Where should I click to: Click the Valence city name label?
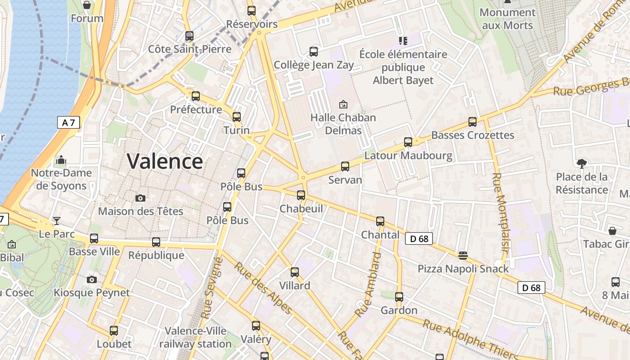165,161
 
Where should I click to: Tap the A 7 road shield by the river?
68,122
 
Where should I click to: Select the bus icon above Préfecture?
196,96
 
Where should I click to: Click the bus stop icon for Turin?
237,117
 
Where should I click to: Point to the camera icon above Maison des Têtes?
140,198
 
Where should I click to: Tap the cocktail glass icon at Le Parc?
57,220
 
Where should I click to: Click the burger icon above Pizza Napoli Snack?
463,256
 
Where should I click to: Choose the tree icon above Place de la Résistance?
581,163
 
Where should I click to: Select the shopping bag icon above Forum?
87,5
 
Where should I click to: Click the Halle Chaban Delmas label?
343,124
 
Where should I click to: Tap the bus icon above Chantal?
380,221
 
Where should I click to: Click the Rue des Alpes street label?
263,288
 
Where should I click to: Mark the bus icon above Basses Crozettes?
472,121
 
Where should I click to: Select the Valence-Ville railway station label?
195,337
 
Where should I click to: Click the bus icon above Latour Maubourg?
408,142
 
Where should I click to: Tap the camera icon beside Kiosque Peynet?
92,279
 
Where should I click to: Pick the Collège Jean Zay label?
314,65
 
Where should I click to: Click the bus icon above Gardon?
399,297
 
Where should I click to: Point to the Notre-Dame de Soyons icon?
61,160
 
